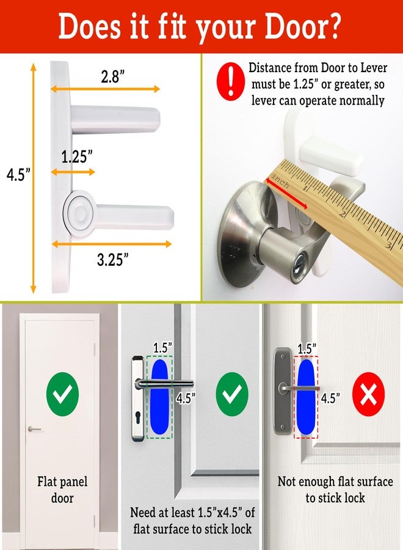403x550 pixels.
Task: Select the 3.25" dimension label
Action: point(113,259)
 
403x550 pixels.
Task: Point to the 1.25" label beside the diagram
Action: point(77,157)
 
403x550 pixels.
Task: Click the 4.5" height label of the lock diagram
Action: point(18,175)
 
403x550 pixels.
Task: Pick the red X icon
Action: point(369,395)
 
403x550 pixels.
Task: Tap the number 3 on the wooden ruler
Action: point(388,246)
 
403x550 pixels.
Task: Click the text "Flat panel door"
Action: point(62,490)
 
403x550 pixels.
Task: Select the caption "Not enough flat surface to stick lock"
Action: point(335,490)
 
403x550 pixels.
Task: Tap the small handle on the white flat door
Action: point(35,429)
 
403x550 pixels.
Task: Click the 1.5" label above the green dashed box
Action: point(161,347)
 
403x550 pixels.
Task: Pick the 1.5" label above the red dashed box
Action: point(307,348)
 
